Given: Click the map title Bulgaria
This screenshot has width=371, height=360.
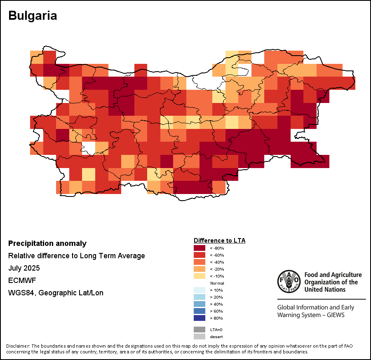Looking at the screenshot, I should [x=33, y=16].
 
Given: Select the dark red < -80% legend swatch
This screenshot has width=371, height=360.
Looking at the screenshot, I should [x=200, y=248].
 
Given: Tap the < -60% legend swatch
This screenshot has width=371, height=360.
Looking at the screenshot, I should [x=200, y=255].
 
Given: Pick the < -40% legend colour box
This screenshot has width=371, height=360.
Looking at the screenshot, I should [x=200, y=262].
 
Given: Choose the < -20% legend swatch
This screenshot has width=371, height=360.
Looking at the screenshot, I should [x=200, y=269].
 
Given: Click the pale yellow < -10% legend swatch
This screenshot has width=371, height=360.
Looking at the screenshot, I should [x=200, y=276].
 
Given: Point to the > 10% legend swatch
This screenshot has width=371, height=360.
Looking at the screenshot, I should [x=200, y=290].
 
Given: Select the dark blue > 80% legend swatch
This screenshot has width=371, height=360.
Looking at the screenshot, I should [x=200, y=318].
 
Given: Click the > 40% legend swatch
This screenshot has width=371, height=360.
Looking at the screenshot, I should [x=200, y=304].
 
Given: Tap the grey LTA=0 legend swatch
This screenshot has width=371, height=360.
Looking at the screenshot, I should [x=200, y=330].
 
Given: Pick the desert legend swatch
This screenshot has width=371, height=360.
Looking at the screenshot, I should [x=200, y=337].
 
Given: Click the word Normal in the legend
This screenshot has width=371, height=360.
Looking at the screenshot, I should [x=217, y=283].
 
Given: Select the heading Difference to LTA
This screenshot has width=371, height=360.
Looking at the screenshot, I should [x=219, y=240].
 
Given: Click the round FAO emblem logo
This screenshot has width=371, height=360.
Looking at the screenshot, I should [x=288, y=281].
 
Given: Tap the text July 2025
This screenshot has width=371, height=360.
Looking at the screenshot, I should [x=24, y=268].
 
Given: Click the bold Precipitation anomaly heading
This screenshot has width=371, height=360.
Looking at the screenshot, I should [x=47, y=243].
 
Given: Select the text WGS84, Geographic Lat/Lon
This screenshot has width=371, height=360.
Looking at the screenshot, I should [x=56, y=293].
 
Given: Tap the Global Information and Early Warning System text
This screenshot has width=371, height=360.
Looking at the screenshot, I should [x=316, y=311].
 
